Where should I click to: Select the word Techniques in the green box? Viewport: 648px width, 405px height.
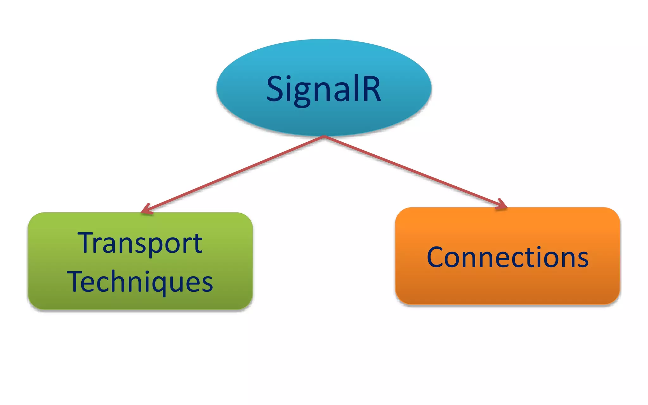(140, 282)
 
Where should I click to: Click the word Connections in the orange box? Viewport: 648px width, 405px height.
(508, 257)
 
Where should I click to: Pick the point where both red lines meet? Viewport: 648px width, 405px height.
(324, 137)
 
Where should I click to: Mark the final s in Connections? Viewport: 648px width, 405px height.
(583, 259)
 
